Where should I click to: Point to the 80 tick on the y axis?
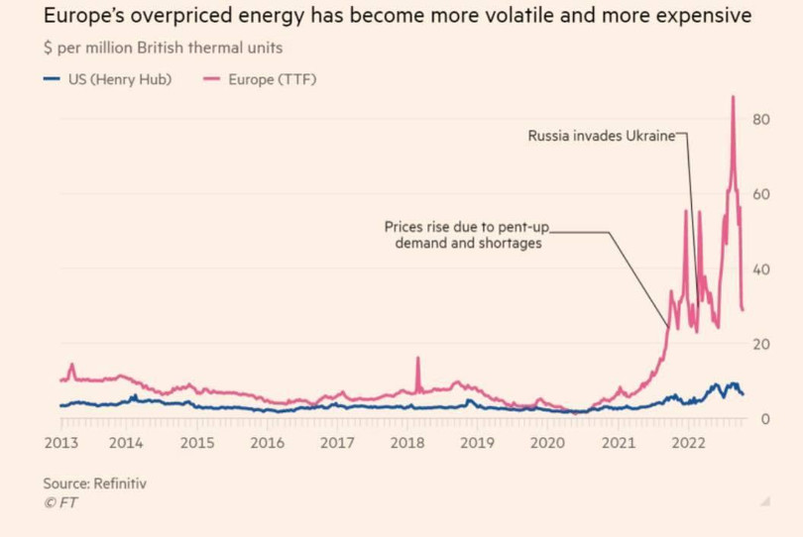pos(761,119)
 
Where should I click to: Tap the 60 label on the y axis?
pos(761,194)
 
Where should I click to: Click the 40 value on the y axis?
pos(761,269)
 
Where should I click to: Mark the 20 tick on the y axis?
pos(761,344)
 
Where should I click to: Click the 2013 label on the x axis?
pos(61,443)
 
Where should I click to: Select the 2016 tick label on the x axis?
pos(267,443)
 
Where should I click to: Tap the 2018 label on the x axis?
pos(407,443)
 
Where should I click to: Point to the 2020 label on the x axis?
pos(547,443)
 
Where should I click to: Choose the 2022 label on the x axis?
pos(688,443)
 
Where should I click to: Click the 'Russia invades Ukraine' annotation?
pos(600,136)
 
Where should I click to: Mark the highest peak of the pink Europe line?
pos(733,97)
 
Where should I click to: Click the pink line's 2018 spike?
pos(418,358)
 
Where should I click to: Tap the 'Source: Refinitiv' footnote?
pos(101,483)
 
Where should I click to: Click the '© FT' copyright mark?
pos(60,503)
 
